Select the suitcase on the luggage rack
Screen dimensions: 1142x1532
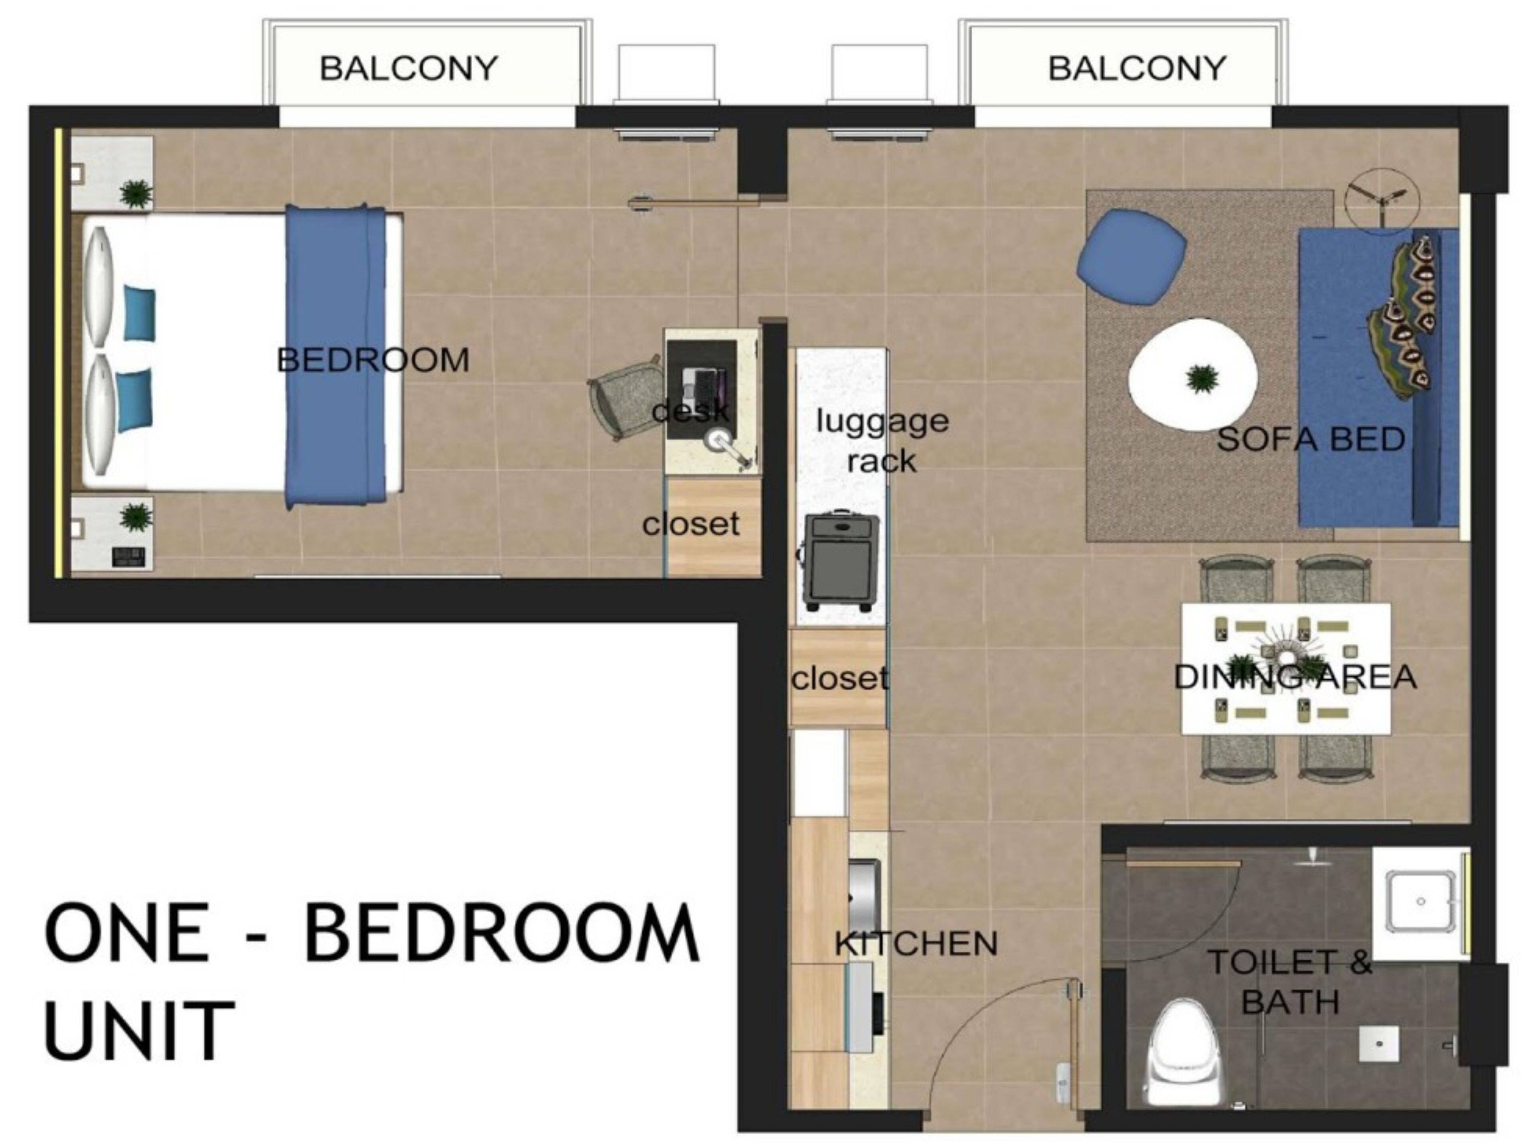pos(839,560)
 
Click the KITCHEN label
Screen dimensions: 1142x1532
pos(916,944)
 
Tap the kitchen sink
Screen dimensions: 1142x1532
pos(864,895)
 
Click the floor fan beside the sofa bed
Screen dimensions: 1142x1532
pos(1381,201)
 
